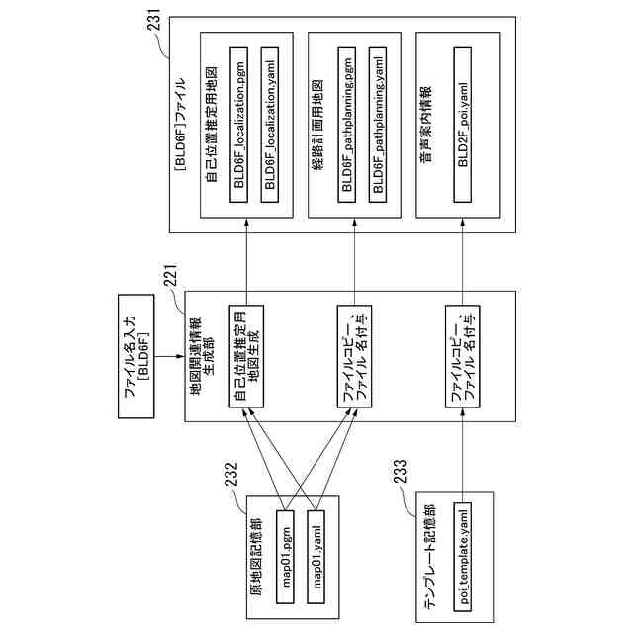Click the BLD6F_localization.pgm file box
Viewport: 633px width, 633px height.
pos(238,125)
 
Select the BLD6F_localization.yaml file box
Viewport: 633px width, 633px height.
pos(270,125)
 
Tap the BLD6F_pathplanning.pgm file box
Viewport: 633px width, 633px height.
pos(347,125)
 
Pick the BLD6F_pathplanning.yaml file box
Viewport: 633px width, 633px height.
pos(378,125)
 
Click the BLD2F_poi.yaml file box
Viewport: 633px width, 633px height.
pos(463,125)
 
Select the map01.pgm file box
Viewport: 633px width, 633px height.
pos(285,557)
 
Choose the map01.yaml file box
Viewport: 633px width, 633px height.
pos(316,557)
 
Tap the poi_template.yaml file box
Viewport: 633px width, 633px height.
pos(463,557)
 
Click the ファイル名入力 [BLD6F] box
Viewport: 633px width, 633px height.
pos(136,356)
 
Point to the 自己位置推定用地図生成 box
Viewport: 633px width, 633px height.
pos(246,356)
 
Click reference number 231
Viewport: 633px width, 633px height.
pos(154,20)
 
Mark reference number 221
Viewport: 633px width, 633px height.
pos(170,275)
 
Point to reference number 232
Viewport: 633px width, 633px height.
pos(231,474)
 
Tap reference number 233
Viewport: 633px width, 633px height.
pos(400,471)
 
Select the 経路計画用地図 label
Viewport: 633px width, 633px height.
pos(317,125)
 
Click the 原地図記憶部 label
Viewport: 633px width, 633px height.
pos(255,558)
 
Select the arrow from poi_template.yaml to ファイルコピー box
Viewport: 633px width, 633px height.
pos(463,455)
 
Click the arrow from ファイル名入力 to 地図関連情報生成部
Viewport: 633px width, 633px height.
pos(169,356)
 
